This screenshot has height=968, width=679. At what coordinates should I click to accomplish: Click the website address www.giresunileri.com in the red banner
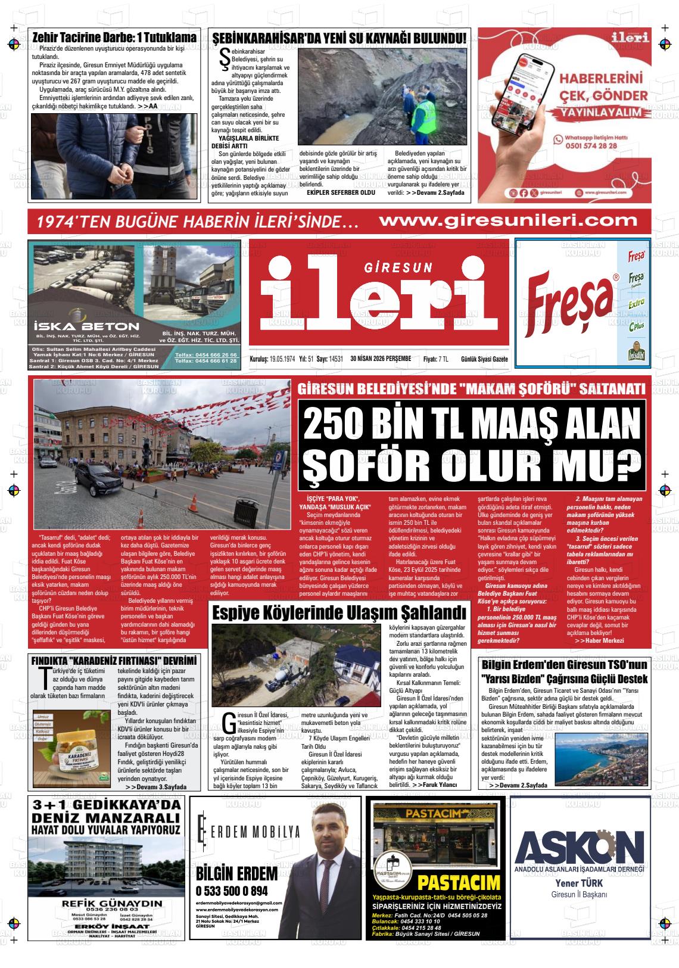(507, 220)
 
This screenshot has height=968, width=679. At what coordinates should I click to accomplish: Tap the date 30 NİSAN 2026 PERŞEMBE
(381, 359)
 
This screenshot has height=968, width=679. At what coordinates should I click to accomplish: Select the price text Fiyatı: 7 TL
(435, 359)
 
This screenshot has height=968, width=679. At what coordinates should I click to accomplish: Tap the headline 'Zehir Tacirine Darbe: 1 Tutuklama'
(114, 38)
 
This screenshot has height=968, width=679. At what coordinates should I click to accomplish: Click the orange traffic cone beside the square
(194, 501)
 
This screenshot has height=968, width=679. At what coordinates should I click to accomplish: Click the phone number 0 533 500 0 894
(231, 891)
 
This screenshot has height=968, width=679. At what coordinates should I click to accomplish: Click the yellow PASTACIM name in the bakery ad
(459, 882)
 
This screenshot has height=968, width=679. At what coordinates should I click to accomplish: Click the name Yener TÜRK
(578, 883)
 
